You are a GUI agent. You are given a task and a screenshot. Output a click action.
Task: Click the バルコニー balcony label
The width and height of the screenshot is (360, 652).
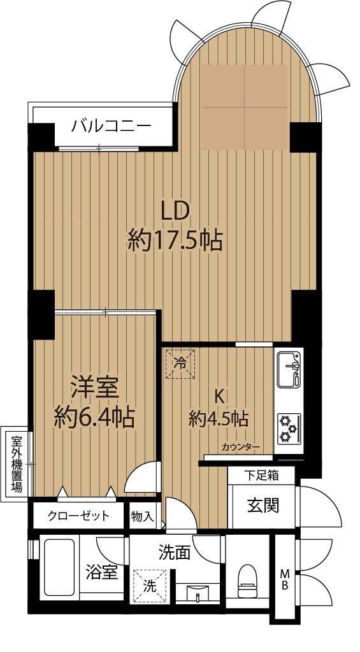point(111,125)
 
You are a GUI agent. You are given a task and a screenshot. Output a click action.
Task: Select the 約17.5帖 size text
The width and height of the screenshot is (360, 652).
point(175,240)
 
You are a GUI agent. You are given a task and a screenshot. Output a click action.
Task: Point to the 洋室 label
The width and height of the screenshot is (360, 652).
point(96,387)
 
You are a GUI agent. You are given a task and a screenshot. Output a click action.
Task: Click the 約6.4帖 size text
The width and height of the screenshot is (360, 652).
point(95,417)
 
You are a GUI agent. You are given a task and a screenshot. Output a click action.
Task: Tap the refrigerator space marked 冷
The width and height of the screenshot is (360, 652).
point(180,364)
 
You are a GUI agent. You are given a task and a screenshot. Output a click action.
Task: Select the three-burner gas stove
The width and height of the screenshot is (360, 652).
point(289,429)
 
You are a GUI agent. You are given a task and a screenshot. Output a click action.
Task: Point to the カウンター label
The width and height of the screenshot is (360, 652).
point(241,448)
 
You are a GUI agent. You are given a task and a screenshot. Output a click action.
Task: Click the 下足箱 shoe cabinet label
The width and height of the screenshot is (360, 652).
point(261,475)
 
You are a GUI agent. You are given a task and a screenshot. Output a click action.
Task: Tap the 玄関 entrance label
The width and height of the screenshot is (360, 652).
point(263,506)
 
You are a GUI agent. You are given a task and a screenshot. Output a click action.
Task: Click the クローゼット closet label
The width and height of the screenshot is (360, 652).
point(78,516)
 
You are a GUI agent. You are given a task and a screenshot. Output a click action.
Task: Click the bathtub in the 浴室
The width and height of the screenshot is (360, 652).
point(59,567)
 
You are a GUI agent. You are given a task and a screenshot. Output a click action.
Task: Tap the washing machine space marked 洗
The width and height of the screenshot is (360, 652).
point(149,586)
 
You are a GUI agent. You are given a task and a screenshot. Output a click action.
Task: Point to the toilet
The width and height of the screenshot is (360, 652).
point(247,581)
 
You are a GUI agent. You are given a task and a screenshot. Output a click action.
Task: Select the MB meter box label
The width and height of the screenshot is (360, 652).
point(285,579)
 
